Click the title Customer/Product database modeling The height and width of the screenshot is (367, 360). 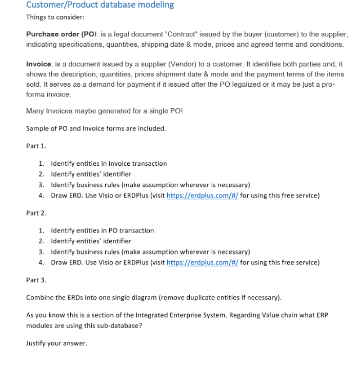coord(100,5)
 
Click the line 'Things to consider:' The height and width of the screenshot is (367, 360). coord(55,17)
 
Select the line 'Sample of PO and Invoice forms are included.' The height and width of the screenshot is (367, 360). coord(96,128)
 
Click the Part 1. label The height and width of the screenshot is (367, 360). coord(36,146)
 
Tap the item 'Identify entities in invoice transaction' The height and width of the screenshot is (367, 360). coord(109,163)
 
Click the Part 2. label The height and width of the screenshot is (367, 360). coord(36,213)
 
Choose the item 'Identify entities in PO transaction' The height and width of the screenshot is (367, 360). coord(102,230)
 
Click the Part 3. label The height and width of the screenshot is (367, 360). coord(36,280)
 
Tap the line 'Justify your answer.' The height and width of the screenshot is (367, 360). coord(56,343)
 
